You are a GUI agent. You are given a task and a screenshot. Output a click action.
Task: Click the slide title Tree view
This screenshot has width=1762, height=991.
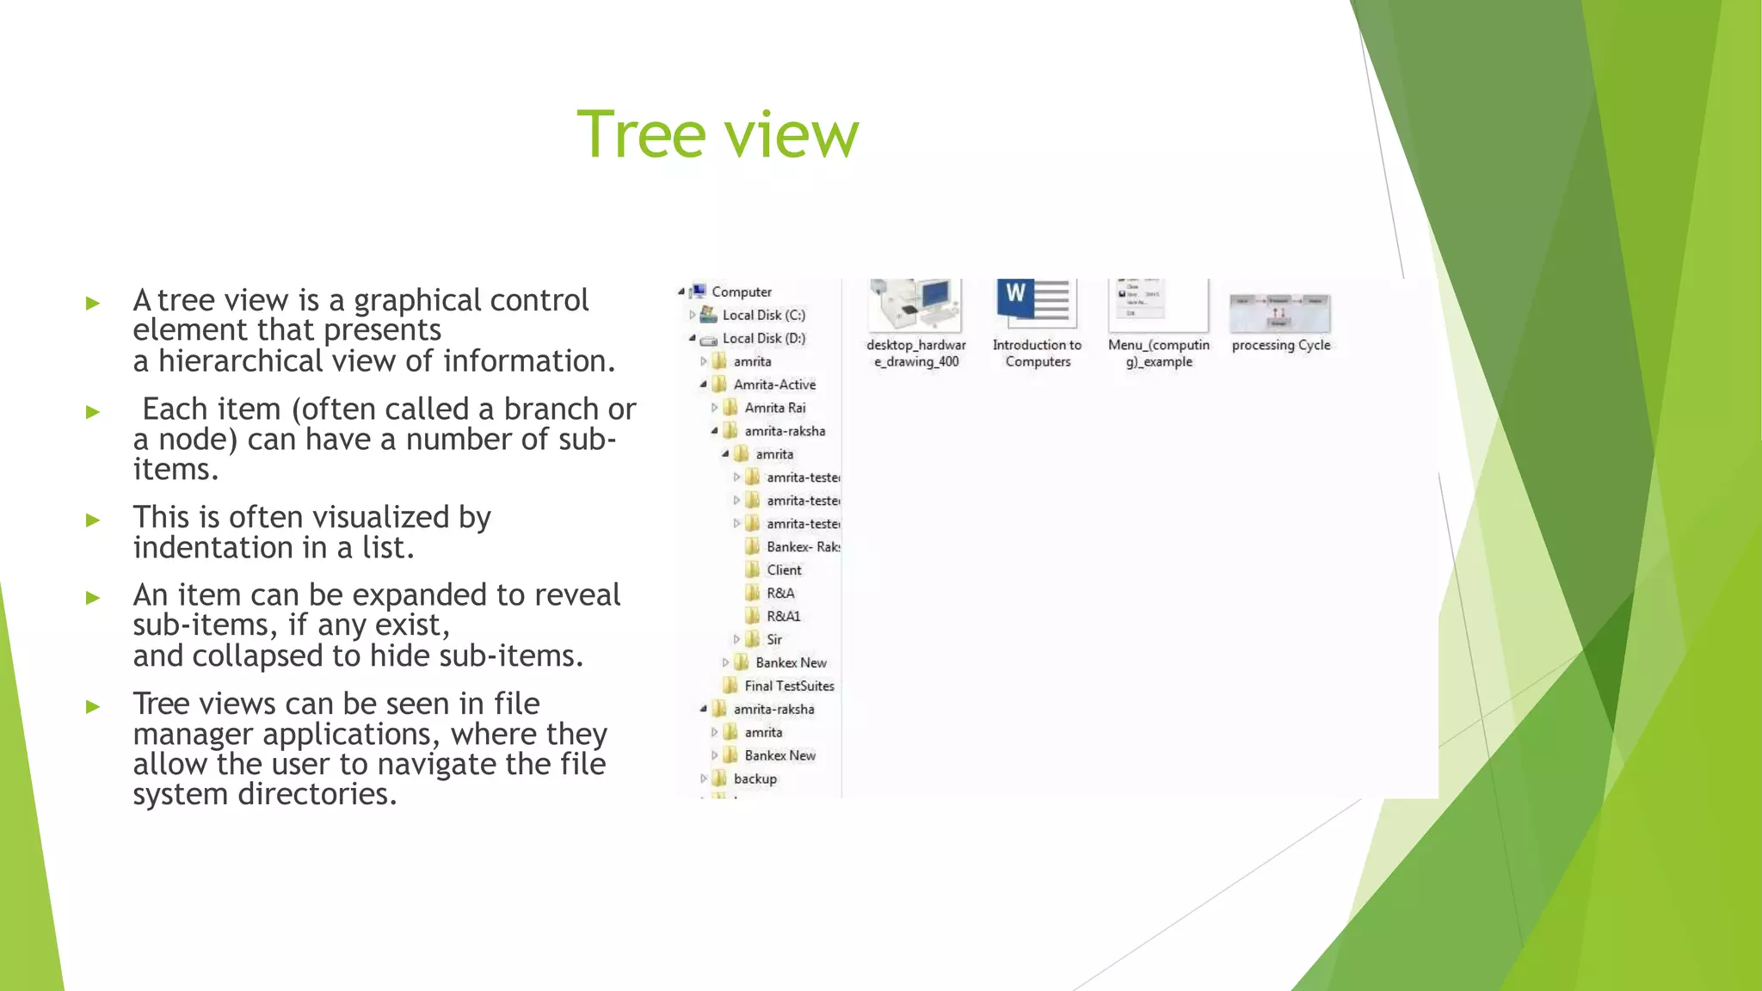click(x=718, y=134)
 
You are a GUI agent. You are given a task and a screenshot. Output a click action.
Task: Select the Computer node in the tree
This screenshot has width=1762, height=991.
click(x=741, y=292)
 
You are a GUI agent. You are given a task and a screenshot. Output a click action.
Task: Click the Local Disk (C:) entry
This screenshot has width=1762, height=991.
click(x=763, y=315)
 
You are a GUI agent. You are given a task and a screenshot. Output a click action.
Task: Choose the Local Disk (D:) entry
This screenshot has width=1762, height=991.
click(x=763, y=338)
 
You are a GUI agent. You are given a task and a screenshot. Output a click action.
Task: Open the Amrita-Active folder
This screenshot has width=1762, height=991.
click(x=773, y=385)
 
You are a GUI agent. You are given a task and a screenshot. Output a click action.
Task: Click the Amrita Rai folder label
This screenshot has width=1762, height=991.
click(x=774, y=408)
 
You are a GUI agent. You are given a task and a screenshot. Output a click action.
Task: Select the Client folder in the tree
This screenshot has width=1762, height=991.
click(x=783, y=569)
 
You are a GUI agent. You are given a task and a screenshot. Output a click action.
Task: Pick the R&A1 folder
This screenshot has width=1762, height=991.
click(x=783, y=616)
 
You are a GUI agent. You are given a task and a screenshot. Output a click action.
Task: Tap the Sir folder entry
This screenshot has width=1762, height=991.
click(x=773, y=639)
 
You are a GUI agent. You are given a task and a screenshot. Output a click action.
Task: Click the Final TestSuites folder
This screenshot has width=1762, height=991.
click(x=789, y=686)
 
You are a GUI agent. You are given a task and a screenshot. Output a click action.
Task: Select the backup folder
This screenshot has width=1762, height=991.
click(x=755, y=779)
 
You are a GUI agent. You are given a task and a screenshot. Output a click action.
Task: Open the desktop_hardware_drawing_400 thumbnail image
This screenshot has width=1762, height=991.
click(x=915, y=305)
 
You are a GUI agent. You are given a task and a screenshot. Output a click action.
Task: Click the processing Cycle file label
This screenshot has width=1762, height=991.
click(x=1280, y=345)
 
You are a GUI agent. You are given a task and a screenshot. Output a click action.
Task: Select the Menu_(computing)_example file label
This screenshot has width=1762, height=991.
click(x=1158, y=353)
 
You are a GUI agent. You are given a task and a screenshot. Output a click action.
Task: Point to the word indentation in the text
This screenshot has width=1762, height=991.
click(x=213, y=547)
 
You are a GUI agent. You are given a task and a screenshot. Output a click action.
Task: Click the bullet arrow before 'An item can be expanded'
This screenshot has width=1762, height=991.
click(x=93, y=597)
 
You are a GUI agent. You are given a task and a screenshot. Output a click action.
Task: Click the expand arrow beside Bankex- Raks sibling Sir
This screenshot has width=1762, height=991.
click(x=736, y=639)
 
